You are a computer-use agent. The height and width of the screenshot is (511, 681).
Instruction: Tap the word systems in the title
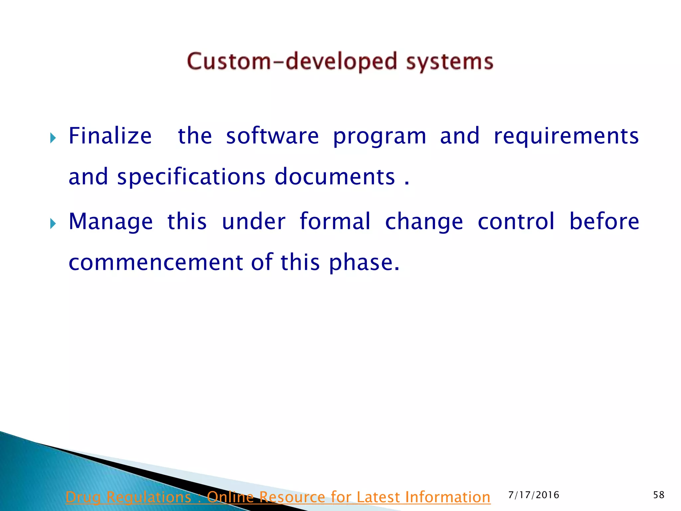[450, 62]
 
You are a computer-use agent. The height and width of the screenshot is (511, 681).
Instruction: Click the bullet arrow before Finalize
[53, 137]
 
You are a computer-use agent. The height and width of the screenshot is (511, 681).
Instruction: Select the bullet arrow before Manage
[53, 223]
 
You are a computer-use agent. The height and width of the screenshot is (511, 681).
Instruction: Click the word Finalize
[110, 136]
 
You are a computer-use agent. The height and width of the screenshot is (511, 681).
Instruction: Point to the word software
[272, 136]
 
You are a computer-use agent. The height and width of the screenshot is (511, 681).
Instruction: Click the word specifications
[191, 177]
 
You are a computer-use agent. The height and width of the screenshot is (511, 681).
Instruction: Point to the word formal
[335, 221]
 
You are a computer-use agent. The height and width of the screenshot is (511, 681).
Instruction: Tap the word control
[516, 221]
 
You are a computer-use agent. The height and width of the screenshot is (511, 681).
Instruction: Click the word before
[604, 221]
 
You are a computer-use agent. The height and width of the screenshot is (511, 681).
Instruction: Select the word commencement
[156, 263]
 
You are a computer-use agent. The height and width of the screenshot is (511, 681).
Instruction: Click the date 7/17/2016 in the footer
[534, 495]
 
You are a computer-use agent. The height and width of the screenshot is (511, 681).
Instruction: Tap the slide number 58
[659, 495]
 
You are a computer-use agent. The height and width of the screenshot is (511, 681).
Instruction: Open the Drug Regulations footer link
[278, 497]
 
